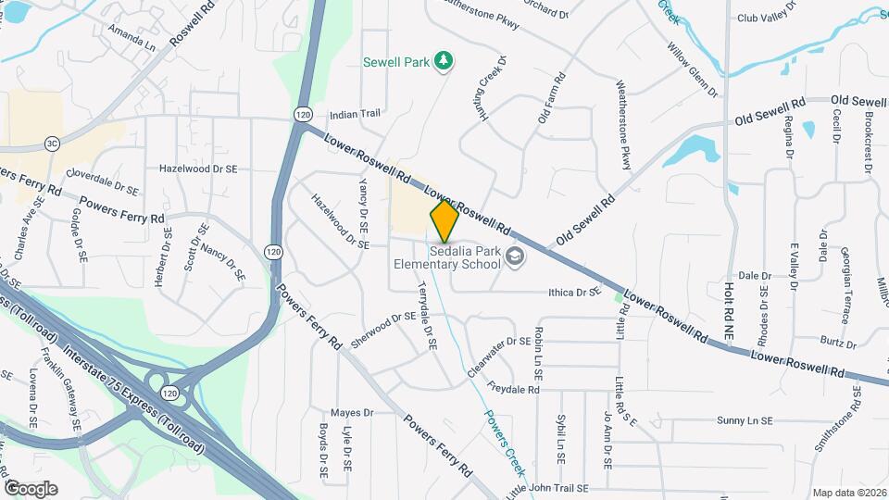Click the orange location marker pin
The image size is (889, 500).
(444, 221)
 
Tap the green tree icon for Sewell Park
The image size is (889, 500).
(444, 61)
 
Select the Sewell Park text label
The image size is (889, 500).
(396, 62)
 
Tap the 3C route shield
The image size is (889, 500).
(52, 144)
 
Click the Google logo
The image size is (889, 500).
(31, 488)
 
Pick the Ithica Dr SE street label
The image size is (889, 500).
(574, 293)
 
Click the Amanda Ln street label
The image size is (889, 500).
(131, 38)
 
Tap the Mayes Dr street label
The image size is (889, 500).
(351, 412)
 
